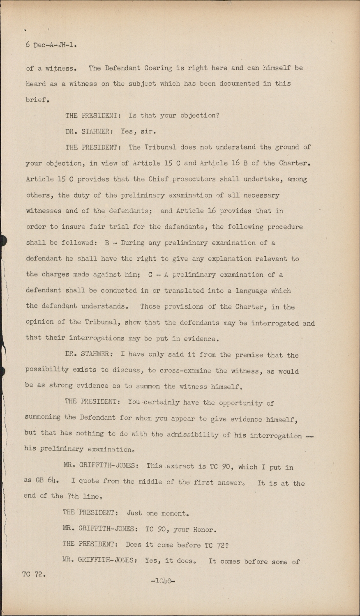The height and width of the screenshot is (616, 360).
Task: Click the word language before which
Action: (251, 291)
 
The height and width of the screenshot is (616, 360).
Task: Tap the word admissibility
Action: (192, 435)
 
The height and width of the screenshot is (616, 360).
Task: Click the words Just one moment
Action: (158, 513)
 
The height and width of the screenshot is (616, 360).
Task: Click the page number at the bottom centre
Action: (163, 581)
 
